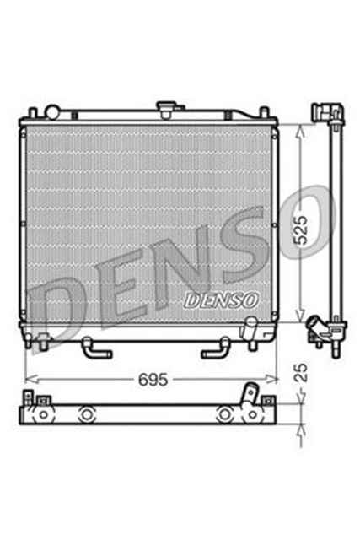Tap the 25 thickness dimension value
(x=312, y=372)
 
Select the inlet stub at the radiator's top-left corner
(x=51, y=111)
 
